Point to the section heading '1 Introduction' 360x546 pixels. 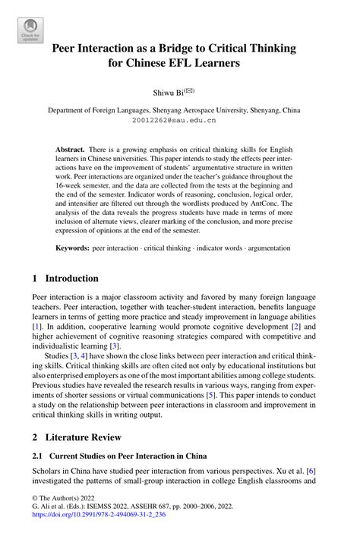pyautogui.click(x=65, y=278)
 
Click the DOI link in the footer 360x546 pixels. pyautogui.click(x=112, y=535)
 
